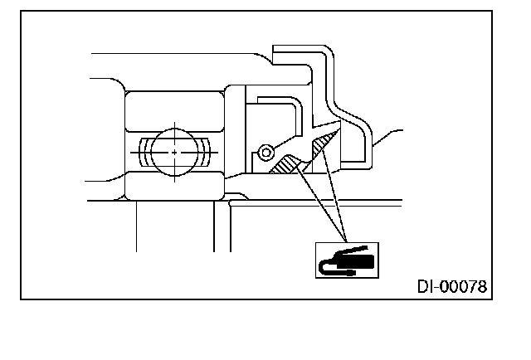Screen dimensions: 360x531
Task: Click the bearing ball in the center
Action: click(176, 152)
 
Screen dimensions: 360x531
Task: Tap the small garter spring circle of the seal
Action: click(265, 153)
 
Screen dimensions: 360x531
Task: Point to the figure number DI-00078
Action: click(451, 287)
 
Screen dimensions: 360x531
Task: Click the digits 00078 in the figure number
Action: click(463, 287)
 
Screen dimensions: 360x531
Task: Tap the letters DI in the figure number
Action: click(425, 287)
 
